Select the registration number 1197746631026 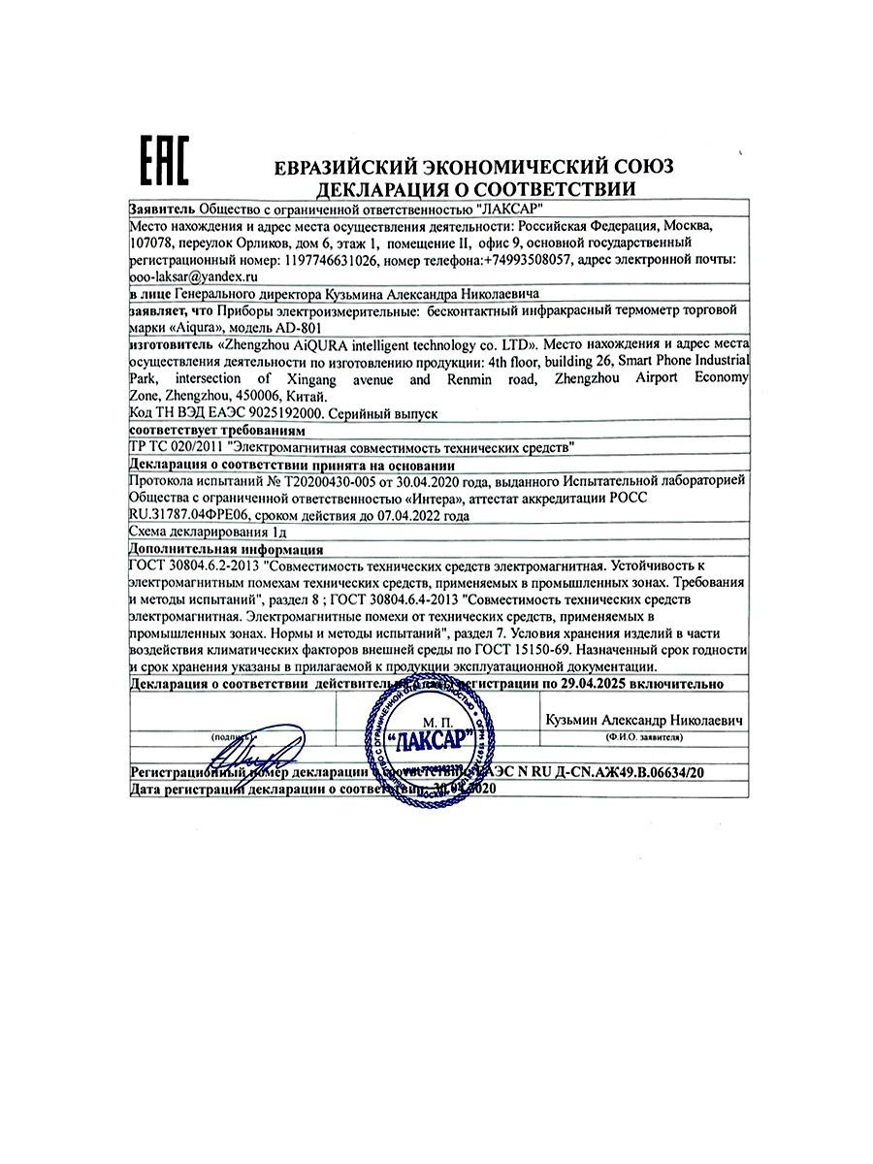[331, 261]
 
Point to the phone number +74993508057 [530, 261]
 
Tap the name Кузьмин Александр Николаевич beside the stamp [644, 722]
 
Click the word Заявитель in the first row [162, 210]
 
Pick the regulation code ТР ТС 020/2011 [175, 447]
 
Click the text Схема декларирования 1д [208, 532]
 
